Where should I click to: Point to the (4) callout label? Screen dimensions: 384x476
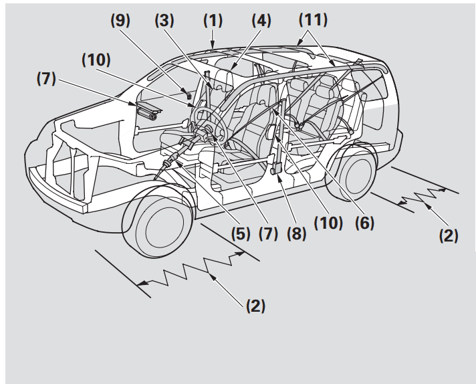tap(257, 21)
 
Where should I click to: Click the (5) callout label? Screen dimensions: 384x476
tap(243, 235)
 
